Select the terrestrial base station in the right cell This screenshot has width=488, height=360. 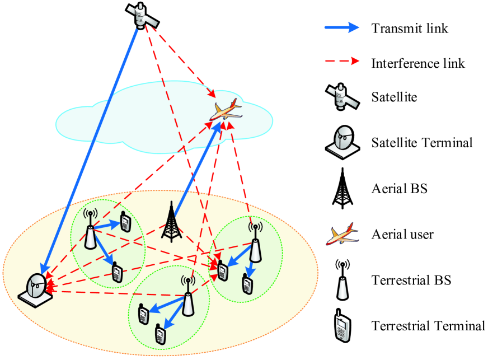point(255,243)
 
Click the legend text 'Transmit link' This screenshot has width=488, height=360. point(410,28)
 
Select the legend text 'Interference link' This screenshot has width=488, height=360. point(418,63)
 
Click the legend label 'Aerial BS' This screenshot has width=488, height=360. point(399,188)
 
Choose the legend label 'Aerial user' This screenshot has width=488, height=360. point(402,233)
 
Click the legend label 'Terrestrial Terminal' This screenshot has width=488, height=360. point(428,325)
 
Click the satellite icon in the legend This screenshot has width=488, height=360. point(341,97)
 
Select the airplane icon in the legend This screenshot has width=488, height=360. point(341,234)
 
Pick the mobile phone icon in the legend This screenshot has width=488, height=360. point(341,325)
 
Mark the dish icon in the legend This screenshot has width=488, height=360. point(341,141)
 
